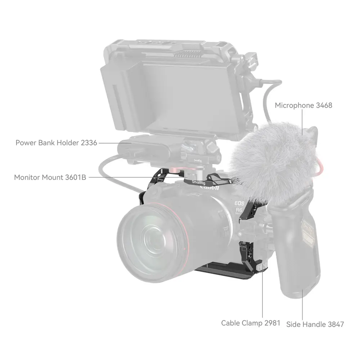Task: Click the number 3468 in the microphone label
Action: [324, 105]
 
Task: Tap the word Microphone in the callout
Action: [294, 105]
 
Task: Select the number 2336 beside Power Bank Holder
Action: [89, 143]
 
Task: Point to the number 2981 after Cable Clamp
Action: [272, 323]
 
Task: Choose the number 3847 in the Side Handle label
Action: [336, 324]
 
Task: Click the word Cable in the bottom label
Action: [230, 323]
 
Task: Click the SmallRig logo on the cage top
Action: [199, 183]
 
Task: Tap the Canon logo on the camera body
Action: [210, 188]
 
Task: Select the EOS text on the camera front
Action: [239, 203]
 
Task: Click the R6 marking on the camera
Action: [239, 210]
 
